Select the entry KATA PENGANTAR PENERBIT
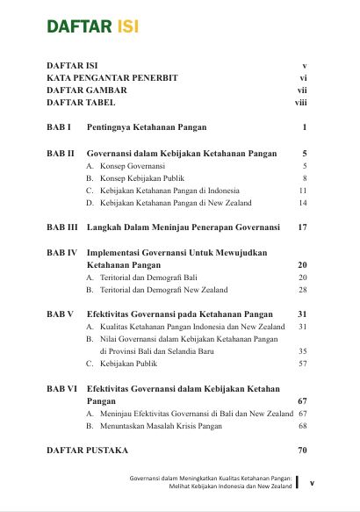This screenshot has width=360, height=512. [112, 78]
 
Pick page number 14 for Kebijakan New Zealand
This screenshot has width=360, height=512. [302, 202]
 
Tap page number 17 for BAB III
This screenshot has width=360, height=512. [302, 227]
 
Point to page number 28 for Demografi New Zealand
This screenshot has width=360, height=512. [302, 289]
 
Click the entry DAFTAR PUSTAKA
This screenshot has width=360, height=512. [87, 451]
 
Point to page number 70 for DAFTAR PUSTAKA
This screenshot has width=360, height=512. [302, 451]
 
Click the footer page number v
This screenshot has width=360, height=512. [312, 482]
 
